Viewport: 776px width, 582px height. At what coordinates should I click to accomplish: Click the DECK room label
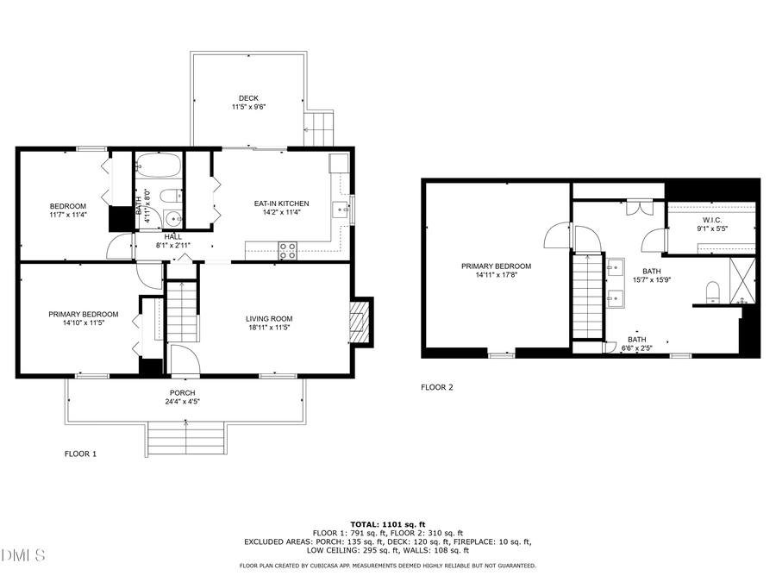coord(248,97)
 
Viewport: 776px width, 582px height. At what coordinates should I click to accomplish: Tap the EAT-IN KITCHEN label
coord(280,203)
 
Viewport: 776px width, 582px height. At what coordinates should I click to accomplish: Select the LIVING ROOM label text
coord(269,318)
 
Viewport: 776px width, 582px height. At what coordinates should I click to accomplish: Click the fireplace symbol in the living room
coord(360,322)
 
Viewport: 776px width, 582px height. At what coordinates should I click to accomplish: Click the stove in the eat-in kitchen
coord(288,251)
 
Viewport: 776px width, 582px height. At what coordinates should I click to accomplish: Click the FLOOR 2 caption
coord(436,387)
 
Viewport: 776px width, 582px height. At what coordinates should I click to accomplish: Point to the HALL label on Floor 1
coord(172,236)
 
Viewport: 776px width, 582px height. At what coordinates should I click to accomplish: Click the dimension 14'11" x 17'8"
coord(496,277)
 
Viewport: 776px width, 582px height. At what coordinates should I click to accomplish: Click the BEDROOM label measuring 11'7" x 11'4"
coord(67,205)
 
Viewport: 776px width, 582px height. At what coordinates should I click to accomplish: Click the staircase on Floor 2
coord(587,298)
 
